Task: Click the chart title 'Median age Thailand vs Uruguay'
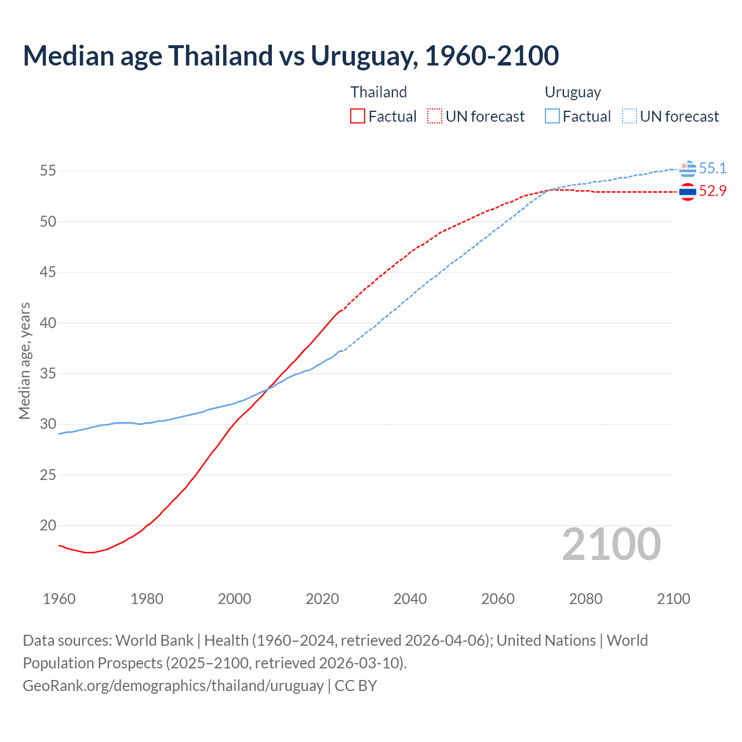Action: pos(290,56)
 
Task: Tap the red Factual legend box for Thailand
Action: pos(358,116)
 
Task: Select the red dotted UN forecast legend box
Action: pos(435,116)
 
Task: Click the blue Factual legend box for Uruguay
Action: pos(552,116)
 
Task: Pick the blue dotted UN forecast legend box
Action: pos(630,116)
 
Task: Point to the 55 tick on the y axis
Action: pos(48,171)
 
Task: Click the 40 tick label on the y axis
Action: pos(48,323)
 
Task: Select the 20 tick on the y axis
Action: pos(48,526)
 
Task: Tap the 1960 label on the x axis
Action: pos(59,599)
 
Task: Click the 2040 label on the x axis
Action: pos(410,599)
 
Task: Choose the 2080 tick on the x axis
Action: pos(585,599)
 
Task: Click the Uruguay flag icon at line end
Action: pos(688,169)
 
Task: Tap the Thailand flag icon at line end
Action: pos(688,192)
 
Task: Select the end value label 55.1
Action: pos(712,168)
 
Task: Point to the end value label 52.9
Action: pos(712,191)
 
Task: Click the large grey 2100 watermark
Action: pos(611,544)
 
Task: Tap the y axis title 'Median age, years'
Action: pos(24,361)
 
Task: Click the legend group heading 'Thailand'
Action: pos(379,92)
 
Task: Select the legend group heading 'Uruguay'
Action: pos(573,92)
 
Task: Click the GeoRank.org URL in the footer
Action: pos(173,685)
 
